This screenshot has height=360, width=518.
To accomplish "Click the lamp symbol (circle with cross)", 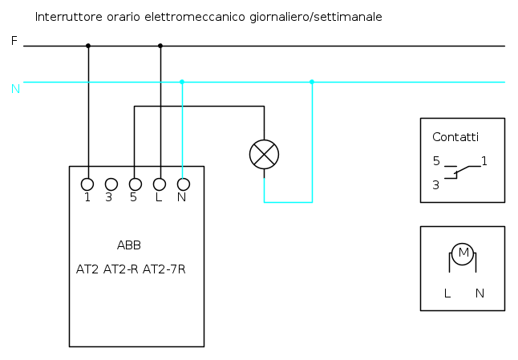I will coord(264,154).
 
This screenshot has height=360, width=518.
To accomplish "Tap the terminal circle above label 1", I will coord(87,184).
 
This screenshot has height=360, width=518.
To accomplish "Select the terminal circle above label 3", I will coord(111,184).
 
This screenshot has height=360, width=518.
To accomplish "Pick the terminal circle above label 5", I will coord(135,184).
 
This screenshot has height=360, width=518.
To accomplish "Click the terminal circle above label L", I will coord(160,184).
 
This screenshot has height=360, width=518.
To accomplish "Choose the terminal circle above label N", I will coord(183,184).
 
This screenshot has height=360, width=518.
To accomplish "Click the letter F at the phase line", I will coord(14,40).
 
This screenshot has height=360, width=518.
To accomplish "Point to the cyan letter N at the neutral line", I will coord(14,88).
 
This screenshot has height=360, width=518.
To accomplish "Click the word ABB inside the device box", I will coord(129,245).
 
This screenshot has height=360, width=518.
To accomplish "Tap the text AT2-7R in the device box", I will coord(164,269).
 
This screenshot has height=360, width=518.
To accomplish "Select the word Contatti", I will coord(455,137).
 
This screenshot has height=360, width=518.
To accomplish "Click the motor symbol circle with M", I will coord(462,254).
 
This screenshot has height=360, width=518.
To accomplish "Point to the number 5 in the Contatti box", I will coord(436,161).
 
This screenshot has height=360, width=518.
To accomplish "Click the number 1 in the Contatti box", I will coord(484,161).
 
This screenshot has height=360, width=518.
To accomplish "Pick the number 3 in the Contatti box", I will coord(435,184).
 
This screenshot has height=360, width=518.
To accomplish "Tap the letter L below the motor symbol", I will coord(447,293).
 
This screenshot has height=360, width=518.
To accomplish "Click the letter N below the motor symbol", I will coord(480,293).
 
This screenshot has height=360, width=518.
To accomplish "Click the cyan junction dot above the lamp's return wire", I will coord(312,82).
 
